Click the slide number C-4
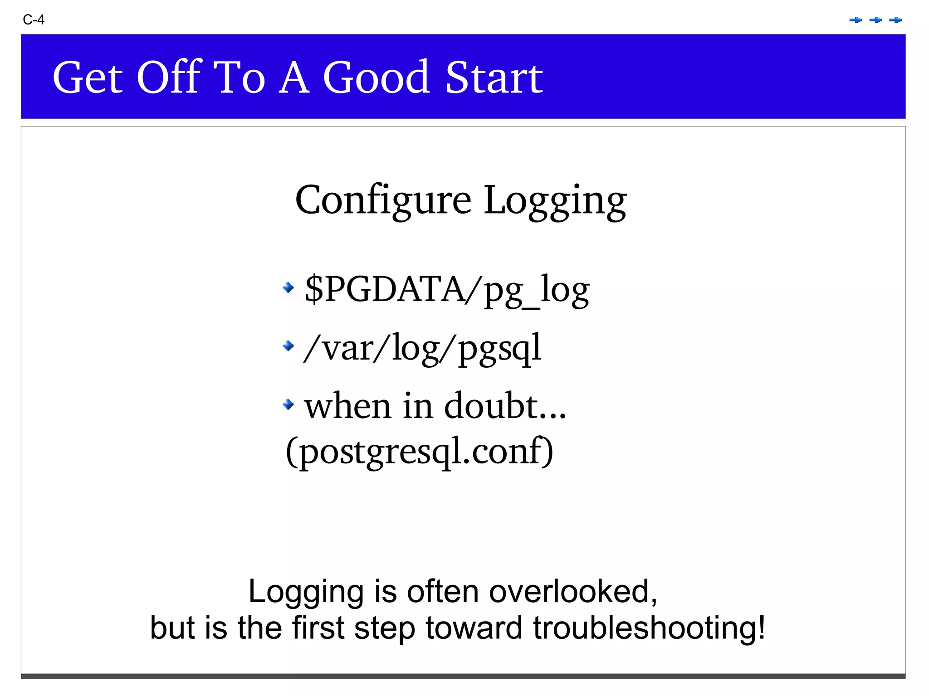point(34,19)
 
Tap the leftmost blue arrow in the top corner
point(856,20)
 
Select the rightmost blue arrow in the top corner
point(895,20)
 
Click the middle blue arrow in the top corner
point(875,20)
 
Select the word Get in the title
point(88,78)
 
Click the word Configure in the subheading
point(383,200)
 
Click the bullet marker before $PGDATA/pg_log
point(288,287)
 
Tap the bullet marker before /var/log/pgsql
point(288,346)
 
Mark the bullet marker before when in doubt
point(288,404)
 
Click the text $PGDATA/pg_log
point(447,290)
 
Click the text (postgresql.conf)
point(420,451)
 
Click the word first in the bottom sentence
point(318,628)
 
